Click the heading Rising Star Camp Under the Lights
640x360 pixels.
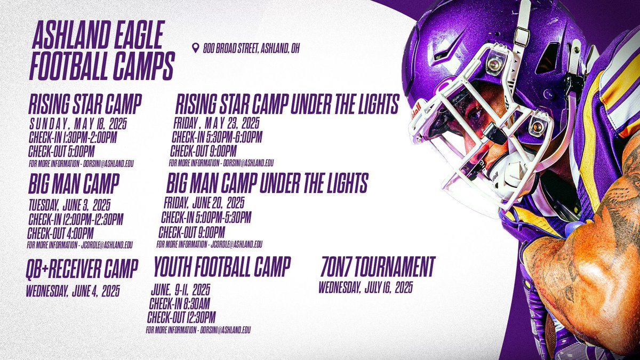click(287, 105)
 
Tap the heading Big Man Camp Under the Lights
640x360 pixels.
click(267, 184)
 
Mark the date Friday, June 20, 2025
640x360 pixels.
click(204, 203)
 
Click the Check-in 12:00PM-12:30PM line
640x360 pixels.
click(73, 220)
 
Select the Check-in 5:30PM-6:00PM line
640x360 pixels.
click(217, 138)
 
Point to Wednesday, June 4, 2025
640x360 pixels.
click(73, 292)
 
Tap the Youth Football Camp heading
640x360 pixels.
click(222, 264)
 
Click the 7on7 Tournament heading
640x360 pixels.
click(378, 265)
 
